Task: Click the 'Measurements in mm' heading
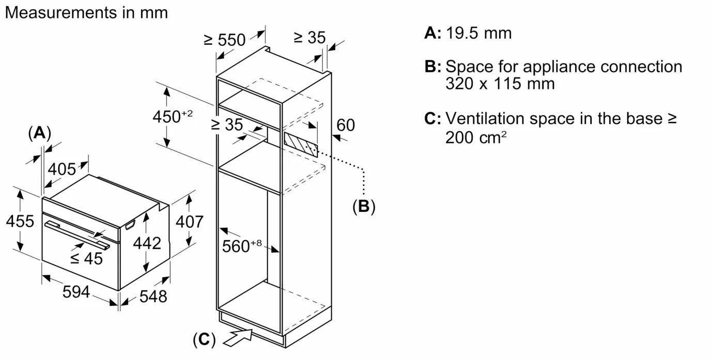(86, 13)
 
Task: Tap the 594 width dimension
(76, 292)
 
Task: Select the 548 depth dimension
(153, 296)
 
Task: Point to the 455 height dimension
(20, 221)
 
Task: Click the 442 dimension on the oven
(147, 243)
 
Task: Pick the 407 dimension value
(190, 222)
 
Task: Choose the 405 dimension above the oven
(61, 169)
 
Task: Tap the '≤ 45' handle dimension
(86, 258)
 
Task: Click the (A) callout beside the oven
(39, 133)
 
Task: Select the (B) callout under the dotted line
(364, 207)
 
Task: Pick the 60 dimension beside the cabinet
(346, 125)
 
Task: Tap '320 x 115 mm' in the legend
(500, 83)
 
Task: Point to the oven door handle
(78, 233)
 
